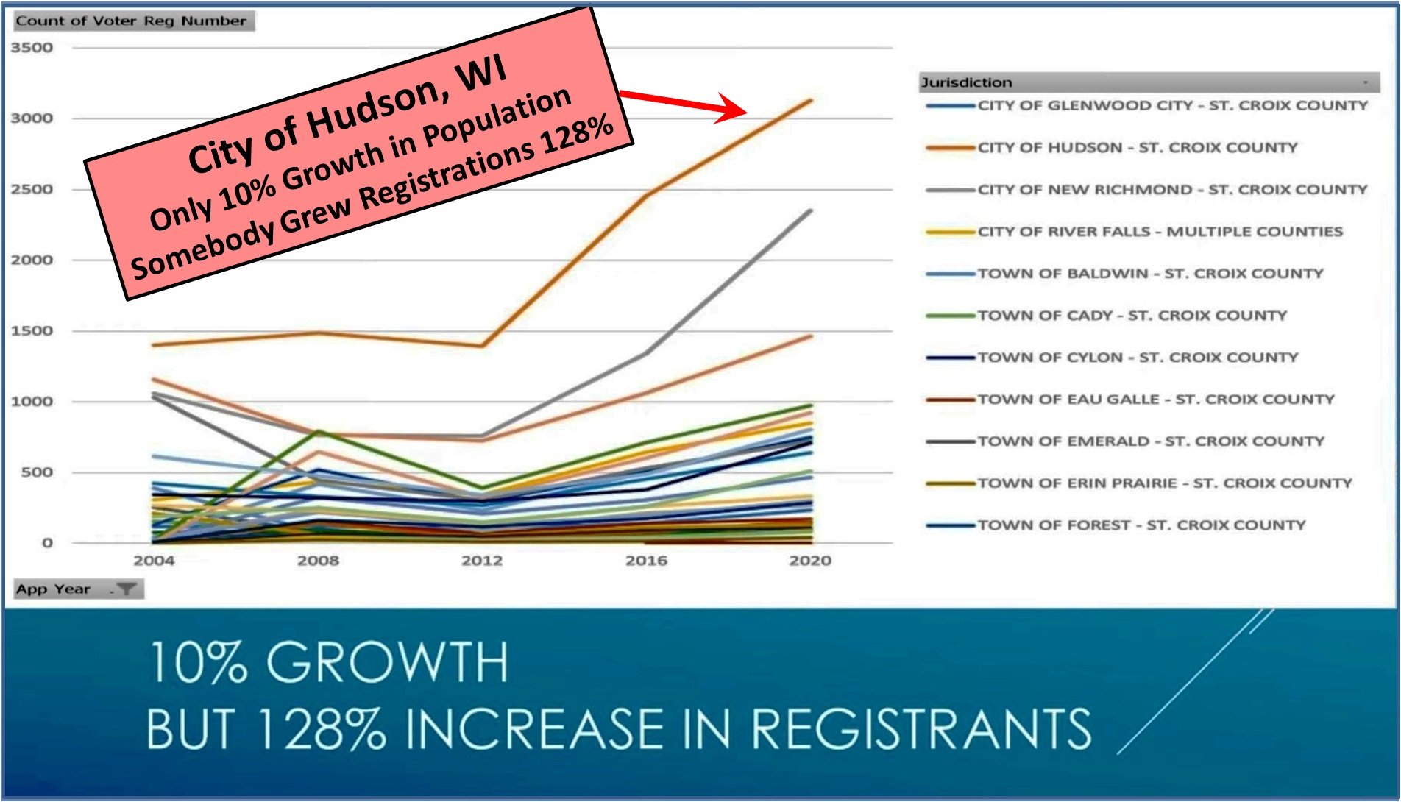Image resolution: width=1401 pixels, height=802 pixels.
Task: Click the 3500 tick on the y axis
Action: (x=32, y=48)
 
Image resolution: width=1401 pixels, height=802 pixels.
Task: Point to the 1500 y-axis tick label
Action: (x=32, y=331)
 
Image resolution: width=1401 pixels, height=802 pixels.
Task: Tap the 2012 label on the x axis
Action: (x=482, y=561)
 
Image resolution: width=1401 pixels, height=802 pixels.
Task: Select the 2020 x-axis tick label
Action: (x=810, y=561)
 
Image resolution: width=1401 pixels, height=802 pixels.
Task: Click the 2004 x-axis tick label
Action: (x=154, y=561)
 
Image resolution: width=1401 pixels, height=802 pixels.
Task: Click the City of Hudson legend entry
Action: (x=1137, y=148)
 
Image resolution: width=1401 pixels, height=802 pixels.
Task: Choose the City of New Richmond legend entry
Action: (x=1172, y=190)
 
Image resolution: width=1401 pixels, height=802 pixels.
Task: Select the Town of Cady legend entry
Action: (x=1132, y=316)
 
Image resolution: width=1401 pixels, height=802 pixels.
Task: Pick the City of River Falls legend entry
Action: (x=1160, y=232)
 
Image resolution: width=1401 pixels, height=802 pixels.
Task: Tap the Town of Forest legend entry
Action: (x=1141, y=525)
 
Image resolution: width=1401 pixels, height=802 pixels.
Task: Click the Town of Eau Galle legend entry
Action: (x=1155, y=400)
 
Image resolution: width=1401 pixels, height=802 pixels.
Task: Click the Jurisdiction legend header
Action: (x=966, y=82)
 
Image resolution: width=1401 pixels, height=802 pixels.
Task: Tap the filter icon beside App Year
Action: (x=127, y=589)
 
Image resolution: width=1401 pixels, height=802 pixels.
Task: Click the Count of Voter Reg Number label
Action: (x=131, y=21)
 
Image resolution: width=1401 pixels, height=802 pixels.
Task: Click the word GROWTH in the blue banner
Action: (x=387, y=662)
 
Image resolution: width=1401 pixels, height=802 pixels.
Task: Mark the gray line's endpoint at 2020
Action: (x=810, y=211)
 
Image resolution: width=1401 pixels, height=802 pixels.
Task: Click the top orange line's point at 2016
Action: (x=647, y=194)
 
